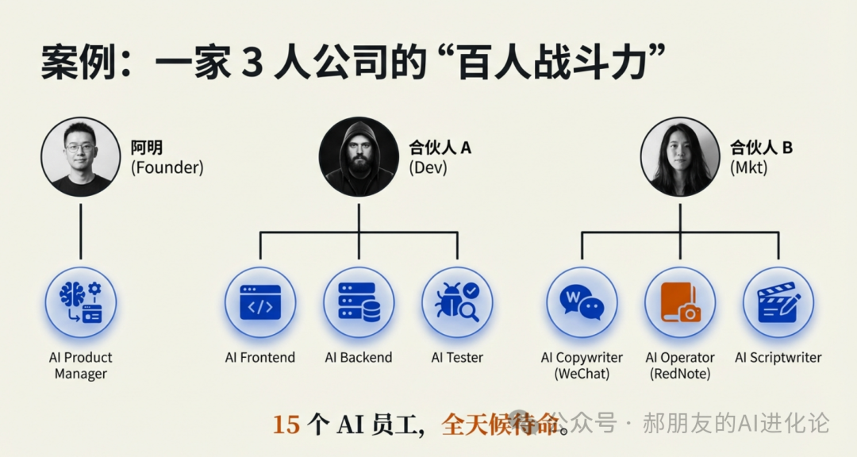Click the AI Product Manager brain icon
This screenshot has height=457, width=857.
click(x=80, y=302)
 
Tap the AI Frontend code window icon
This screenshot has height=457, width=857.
click(x=260, y=302)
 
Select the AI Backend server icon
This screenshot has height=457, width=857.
click(x=359, y=302)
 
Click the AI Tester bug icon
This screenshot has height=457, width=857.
click(x=457, y=302)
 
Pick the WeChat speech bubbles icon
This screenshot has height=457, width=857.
click(x=582, y=302)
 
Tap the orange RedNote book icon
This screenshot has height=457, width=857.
click(x=680, y=302)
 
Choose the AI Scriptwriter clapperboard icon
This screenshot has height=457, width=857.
click(x=778, y=302)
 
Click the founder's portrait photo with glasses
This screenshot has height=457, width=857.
click(x=80, y=157)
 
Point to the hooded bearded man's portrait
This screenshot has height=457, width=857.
click(x=359, y=157)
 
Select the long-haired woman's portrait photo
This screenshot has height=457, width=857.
click(x=680, y=157)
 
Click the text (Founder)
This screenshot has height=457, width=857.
click(x=167, y=167)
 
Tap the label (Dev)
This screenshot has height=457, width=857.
click(x=428, y=167)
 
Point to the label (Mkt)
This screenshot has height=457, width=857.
click(x=749, y=167)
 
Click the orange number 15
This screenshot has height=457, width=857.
click(x=286, y=424)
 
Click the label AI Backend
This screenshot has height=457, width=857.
click(x=359, y=358)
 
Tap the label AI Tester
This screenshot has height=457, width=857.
click(x=457, y=358)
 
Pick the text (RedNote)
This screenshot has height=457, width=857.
click(x=680, y=374)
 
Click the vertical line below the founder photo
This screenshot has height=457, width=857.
click(x=81, y=232)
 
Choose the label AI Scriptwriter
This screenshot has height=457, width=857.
click(x=778, y=358)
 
